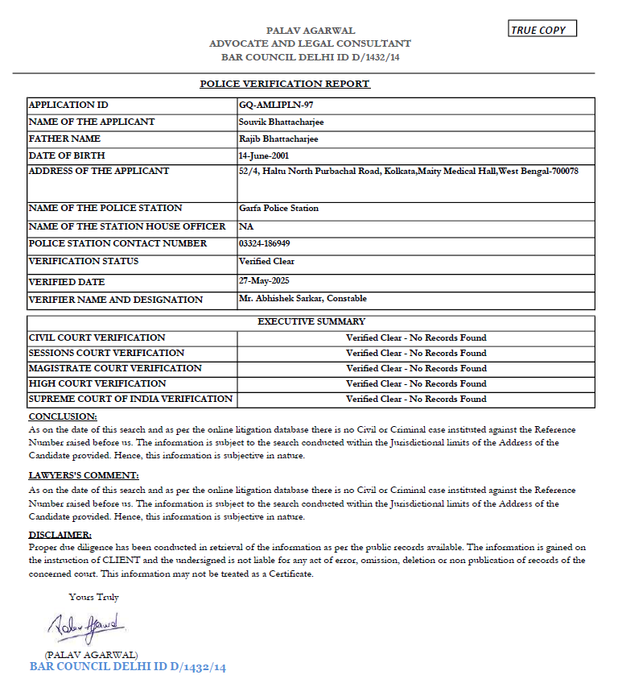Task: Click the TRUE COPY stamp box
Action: click(x=543, y=30)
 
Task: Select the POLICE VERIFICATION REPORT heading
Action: click(x=285, y=84)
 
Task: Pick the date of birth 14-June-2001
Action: click(x=264, y=155)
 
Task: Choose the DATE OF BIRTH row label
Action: click(x=67, y=155)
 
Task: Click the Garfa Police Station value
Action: click(x=278, y=209)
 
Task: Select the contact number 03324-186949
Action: click(x=265, y=243)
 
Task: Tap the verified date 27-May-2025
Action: click(x=263, y=281)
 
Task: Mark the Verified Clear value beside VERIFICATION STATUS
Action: click(x=266, y=261)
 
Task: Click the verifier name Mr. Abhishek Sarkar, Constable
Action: click(x=303, y=299)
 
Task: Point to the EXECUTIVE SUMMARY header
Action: click(x=311, y=321)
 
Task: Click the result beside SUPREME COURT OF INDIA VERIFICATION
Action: click(x=416, y=399)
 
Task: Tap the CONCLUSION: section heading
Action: click(x=63, y=416)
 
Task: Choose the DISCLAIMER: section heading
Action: click(x=60, y=534)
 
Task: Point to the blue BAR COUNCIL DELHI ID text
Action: click(x=128, y=667)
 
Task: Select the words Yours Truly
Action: click(x=94, y=597)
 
